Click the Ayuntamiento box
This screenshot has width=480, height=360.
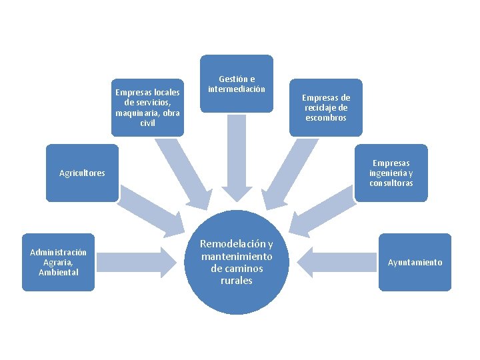tap(415, 262)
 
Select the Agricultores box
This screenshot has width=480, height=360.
tap(82, 173)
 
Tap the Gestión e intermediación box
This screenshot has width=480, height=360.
tap(237, 83)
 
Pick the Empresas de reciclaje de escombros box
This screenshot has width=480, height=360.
tap(325, 107)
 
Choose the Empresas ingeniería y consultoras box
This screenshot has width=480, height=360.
tap(391, 173)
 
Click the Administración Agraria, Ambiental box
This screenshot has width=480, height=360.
tap(58, 262)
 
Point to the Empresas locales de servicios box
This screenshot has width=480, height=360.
tap(147, 107)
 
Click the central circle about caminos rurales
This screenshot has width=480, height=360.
tap(237, 262)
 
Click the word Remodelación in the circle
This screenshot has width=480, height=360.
tap(237, 244)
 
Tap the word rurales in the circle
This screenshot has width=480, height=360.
tap(237, 281)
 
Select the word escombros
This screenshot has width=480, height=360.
tap(325, 118)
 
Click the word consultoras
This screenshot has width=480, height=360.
tap(391, 183)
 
